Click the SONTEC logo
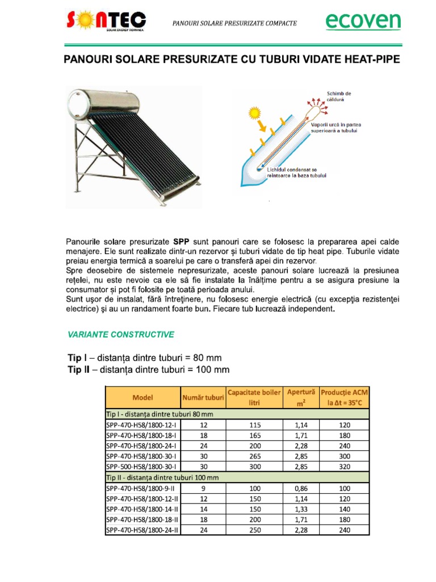(106, 23)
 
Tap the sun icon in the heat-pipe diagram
(253, 114)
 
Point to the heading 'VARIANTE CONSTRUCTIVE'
(120, 334)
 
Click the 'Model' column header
(142, 397)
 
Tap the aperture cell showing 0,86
(301, 488)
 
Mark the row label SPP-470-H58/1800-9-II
(140, 488)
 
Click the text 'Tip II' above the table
(79, 370)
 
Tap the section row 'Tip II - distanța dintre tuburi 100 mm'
(162, 477)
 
